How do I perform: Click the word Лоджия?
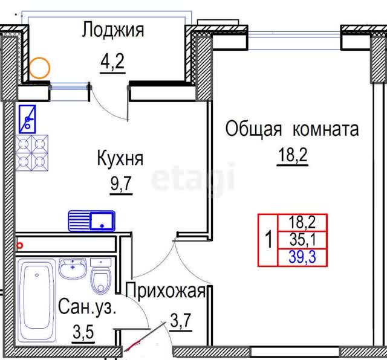(x=113, y=30)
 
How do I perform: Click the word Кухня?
(x=120, y=158)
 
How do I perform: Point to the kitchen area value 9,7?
(x=121, y=183)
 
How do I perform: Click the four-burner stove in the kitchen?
(x=32, y=153)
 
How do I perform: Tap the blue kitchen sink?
(x=91, y=221)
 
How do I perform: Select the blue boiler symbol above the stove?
(x=27, y=120)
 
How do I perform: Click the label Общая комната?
(x=292, y=129)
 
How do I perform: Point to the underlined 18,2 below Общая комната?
(x=293, y=155)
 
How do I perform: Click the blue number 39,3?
(x=302, y=257)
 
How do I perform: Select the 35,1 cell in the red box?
(x=302, y=240)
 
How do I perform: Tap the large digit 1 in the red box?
(x=268, y=240)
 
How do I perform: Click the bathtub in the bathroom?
(x=37, y=300)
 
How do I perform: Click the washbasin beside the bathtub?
(x=73, y=269)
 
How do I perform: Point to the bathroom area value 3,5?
(x=83, y=332)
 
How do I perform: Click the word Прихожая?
(x=166, y=291)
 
